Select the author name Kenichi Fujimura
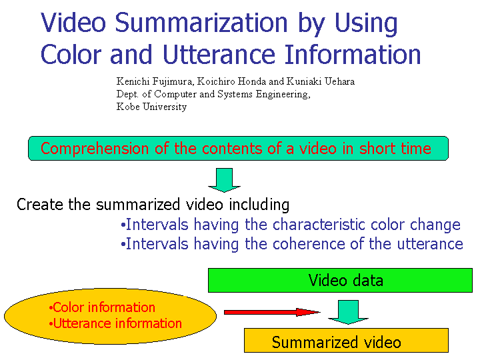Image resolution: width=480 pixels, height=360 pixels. click(x=155, y=82)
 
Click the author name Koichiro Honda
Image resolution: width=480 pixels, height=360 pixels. click(x=231, y=81)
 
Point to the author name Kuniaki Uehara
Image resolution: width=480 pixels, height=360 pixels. click(x=321, y=81)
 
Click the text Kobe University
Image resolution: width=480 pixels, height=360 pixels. click(x=151, y=107)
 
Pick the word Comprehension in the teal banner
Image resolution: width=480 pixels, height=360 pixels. click(x=95, y=149)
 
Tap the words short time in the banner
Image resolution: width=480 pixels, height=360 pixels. click(x=395, y=149)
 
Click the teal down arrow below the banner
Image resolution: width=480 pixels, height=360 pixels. click(x=225, y=180)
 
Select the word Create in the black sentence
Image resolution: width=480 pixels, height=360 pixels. click(x=40, y=204)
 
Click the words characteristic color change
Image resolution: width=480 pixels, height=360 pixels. click(x=367, y=225)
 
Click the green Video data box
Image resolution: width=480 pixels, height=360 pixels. click(x=340, y=281)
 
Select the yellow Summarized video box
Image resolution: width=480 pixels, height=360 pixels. click(x=346, y=341)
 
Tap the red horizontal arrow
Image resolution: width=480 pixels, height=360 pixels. click(x=272, y=312)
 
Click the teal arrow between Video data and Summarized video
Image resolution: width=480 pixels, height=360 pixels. click(x=348, y=312)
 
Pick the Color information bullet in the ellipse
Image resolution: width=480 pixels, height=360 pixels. click(x=102, y=307)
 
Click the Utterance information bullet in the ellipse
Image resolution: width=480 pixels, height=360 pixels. click(x=115, y=323)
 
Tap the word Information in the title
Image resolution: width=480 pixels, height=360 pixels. click(x=353, y=55)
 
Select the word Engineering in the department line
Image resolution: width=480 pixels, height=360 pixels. click(x=283, y=94)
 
